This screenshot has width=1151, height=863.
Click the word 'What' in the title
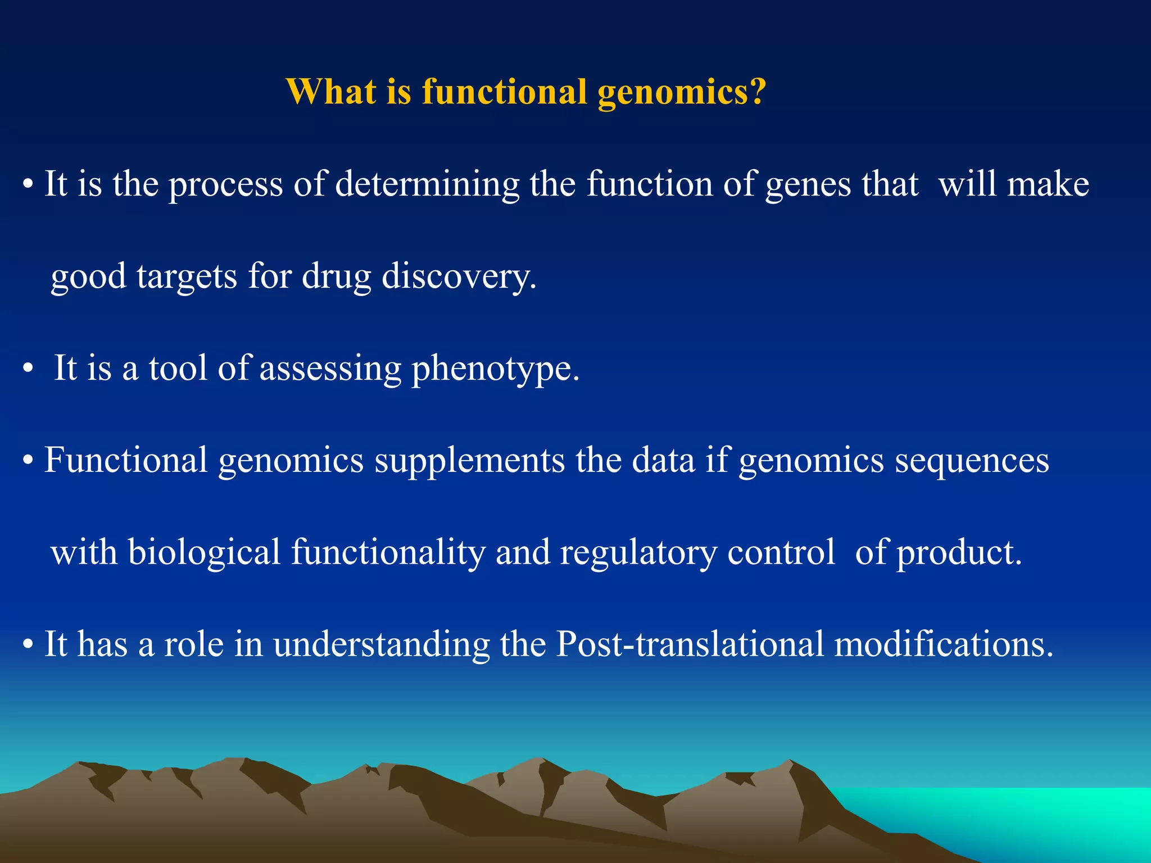point(331,91)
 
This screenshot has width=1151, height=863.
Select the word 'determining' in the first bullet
point(427,184)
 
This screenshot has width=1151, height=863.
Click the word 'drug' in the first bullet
point(336,276)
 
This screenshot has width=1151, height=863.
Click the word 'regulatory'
point(638,553)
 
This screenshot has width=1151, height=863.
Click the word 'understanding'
point(382,644)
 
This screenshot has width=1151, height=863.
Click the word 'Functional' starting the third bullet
point(126,461)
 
